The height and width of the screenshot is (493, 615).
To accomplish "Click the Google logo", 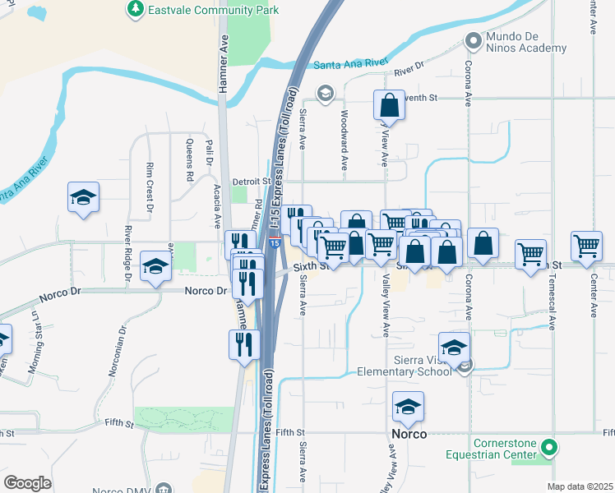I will pos(27,482).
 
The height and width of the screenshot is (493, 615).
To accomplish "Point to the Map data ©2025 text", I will pos(580,486).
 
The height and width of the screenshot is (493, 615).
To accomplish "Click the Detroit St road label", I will pos(252,181).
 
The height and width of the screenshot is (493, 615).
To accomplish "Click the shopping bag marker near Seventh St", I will pos(389,105).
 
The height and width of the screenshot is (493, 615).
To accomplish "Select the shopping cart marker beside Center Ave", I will pos(587,245).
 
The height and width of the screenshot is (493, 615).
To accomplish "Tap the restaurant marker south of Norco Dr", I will pos(244,343).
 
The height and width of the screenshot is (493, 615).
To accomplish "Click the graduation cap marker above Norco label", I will pos(407,406).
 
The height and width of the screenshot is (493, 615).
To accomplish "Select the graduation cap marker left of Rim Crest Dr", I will pos(83,197).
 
